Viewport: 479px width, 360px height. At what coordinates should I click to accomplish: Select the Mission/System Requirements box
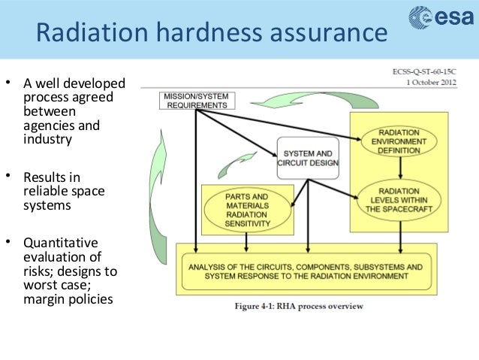194,101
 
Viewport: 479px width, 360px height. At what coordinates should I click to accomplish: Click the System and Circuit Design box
308,157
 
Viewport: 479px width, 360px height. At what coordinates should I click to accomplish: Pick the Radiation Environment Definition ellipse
399,140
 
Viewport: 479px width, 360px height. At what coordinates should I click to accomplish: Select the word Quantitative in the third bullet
61,243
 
